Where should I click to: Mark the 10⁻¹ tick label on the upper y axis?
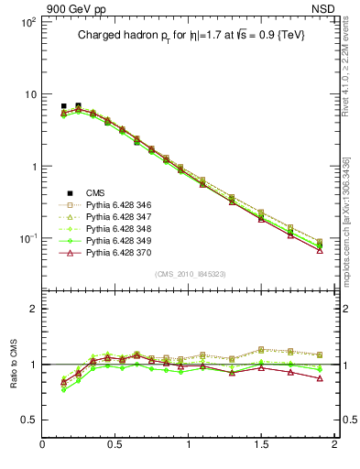(27, 238)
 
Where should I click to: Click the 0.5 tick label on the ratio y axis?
(27, 420)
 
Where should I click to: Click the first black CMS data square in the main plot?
(63, 106)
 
